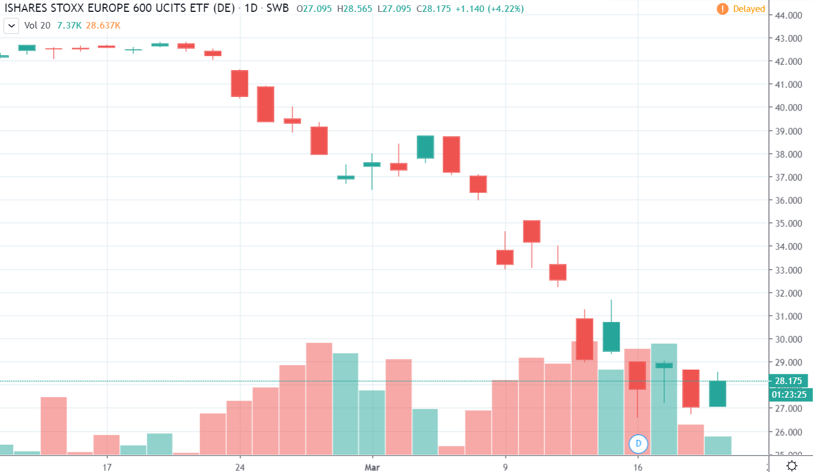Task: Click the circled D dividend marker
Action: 638,443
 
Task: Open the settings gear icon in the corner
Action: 792,465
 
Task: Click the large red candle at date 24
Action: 240,83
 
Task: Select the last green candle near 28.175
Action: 718,394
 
